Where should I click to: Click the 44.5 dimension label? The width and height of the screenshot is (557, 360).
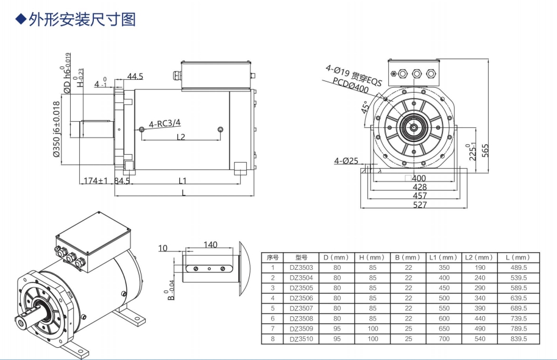(135, 76)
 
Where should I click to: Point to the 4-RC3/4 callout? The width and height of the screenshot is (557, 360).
(163, 124)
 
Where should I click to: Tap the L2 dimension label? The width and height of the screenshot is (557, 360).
(181, 137)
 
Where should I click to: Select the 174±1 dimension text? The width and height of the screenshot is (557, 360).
(95, 181)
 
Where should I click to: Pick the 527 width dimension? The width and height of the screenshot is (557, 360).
(420, 205)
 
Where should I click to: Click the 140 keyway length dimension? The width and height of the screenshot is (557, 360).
(210, 245)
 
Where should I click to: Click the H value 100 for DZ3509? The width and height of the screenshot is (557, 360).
(373, 328)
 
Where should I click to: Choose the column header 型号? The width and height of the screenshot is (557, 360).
(299, 257)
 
